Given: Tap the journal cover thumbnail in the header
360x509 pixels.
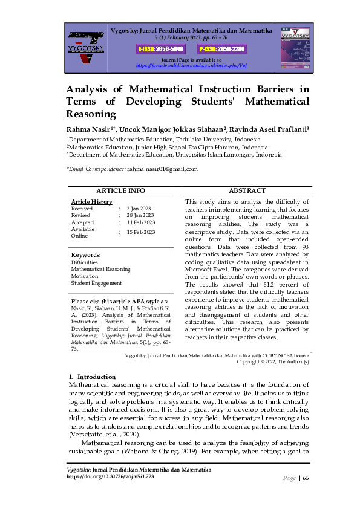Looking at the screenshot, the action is coord(295,45).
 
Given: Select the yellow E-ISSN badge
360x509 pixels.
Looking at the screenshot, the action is coord(155,48).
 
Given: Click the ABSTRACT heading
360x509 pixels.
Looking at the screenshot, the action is coord(247,190).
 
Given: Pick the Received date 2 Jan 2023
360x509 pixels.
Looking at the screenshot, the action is coord(139,208).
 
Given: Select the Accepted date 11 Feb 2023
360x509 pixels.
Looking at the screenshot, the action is coord(140,222).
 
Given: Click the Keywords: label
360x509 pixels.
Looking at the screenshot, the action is coord(86,255).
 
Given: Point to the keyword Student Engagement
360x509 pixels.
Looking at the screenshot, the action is coord(96,283).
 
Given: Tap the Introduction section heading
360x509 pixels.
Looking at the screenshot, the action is coord(92,377).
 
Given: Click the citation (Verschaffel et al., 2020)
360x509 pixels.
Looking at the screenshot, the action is coord(105,435).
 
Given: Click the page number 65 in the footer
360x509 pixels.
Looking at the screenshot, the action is coord(306,478).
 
